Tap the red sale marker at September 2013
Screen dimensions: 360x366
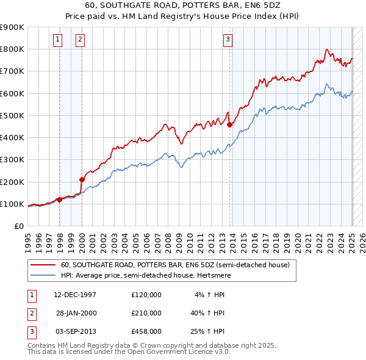(x=229, y=124)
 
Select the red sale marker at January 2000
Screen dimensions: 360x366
(x=82, y=179)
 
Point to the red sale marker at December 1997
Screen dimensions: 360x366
(x=59, y=200)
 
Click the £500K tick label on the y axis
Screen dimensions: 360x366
(x=12, y=115)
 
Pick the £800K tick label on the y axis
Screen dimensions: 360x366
(x=12, y=49)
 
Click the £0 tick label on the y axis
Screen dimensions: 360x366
(x=18, y=226)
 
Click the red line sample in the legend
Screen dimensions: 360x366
(x=43, y=265)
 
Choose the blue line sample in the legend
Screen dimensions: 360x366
(x=43, y=275)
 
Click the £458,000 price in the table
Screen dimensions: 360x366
(x=146, y=333)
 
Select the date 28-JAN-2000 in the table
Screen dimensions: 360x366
(x=76, y=314)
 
